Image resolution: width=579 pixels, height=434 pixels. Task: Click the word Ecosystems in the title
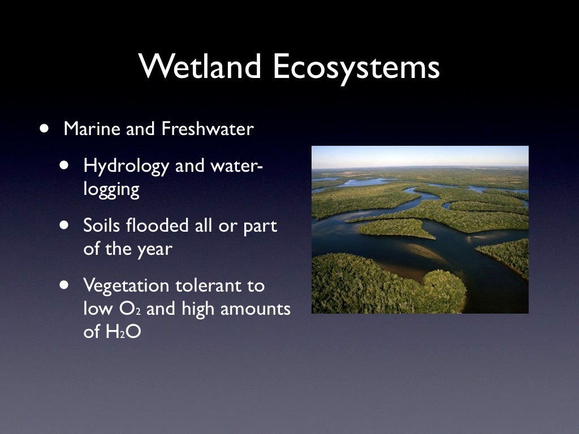click(356, 67)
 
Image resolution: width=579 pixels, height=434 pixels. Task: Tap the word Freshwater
click(208, 129)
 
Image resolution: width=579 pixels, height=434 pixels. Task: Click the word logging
click(111, 190)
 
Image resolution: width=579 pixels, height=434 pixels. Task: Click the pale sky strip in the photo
click(420, 155)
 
